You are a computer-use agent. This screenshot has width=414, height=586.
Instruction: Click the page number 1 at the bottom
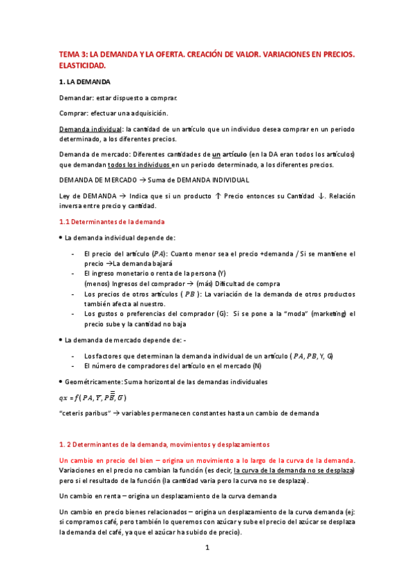[x=207, y=548]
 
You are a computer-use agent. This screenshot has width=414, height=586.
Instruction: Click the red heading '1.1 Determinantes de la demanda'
[x=112, y=222]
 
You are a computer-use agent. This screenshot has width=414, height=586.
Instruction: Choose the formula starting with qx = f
[x=93, y=397]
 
